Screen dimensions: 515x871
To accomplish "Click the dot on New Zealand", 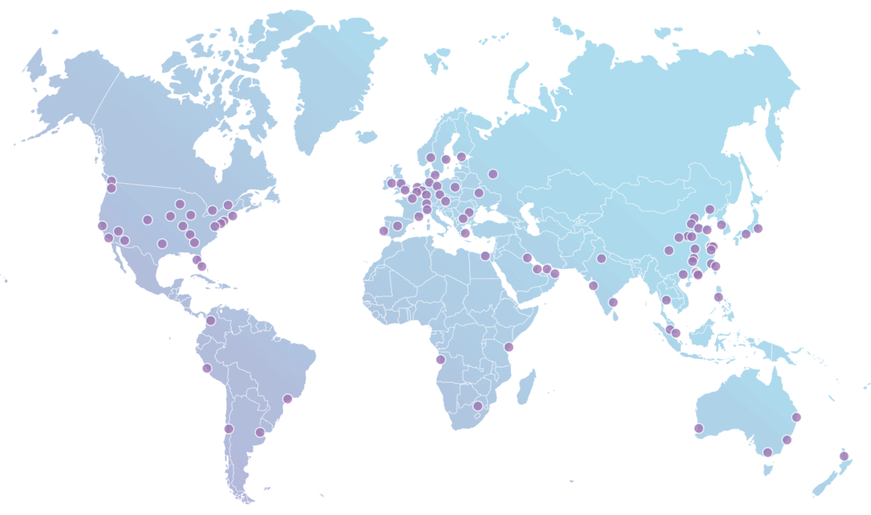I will point(844,456).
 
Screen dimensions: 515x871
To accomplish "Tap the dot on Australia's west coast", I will point(699,428).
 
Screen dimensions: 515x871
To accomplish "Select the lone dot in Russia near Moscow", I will point(493,173).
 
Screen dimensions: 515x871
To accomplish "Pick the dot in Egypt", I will point(485,256).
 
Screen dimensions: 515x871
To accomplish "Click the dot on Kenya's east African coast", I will point(508,347).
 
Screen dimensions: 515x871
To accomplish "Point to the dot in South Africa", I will point(478,406).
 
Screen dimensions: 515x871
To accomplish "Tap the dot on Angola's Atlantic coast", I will point(440,359).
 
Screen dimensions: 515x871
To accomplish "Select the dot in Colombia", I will point(211,321).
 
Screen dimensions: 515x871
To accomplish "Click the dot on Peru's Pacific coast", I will point(207,368).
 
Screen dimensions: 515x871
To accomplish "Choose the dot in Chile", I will point(229,428).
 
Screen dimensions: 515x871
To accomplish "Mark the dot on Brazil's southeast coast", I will point(288,399).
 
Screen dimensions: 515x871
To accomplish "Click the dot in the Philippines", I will point(718,297).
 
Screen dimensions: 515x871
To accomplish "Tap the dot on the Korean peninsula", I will point(722,225).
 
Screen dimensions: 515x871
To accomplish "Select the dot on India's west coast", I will point(593,285).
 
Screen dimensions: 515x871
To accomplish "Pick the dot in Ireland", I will point(391,183).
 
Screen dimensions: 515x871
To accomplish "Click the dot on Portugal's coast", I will point(383,230).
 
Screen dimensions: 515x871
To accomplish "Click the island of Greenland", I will point(328,74).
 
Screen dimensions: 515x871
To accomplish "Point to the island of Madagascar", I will point(527,385).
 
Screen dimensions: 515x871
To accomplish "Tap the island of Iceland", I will point(366,136).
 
